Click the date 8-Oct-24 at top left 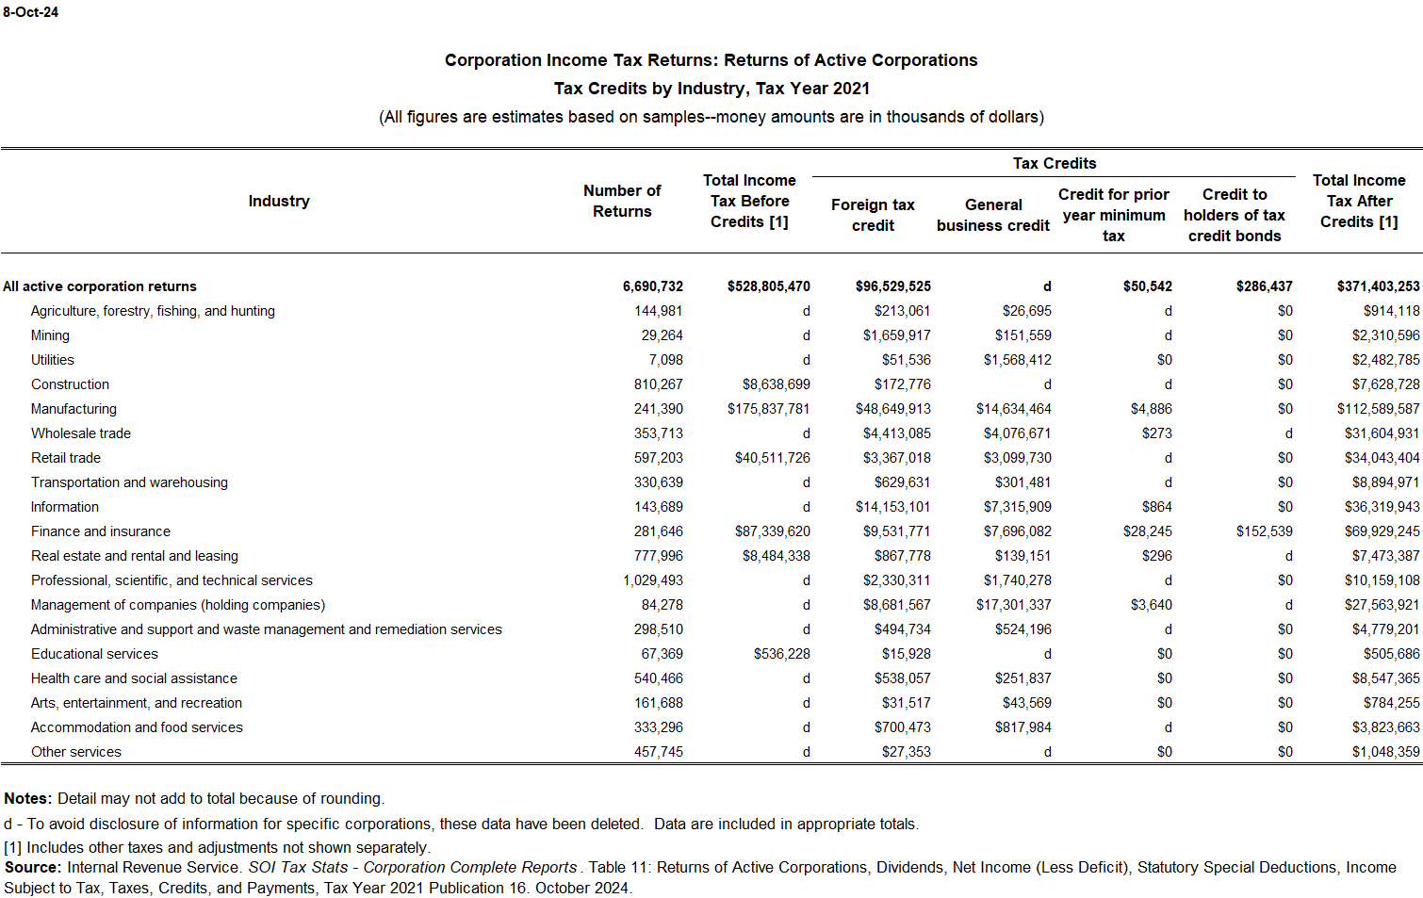tap(30, 12)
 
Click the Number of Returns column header tap(622, 201)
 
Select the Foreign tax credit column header tap(873, 215)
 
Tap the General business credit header tap(993, 215)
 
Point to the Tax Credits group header tap(1054, 163)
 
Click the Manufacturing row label tap(74, 409)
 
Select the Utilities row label tap(53, 360)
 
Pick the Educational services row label tap(94, 654)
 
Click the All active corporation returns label tap(100, 286)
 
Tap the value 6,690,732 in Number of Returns tap(653, 286)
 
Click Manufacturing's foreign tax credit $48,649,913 tap(893, 409)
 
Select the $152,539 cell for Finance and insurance tap(1265, 531)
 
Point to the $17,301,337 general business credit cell tap(1014, 605)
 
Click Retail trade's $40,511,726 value tap(773, 458)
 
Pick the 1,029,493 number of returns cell tap(653, 580)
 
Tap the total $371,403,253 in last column tap(1378, 286)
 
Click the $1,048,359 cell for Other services tap(1385, 752)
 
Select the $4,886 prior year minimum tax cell tap(1152, 409)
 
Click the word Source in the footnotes tap(32, 868)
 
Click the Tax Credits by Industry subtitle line tap(711, 89)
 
